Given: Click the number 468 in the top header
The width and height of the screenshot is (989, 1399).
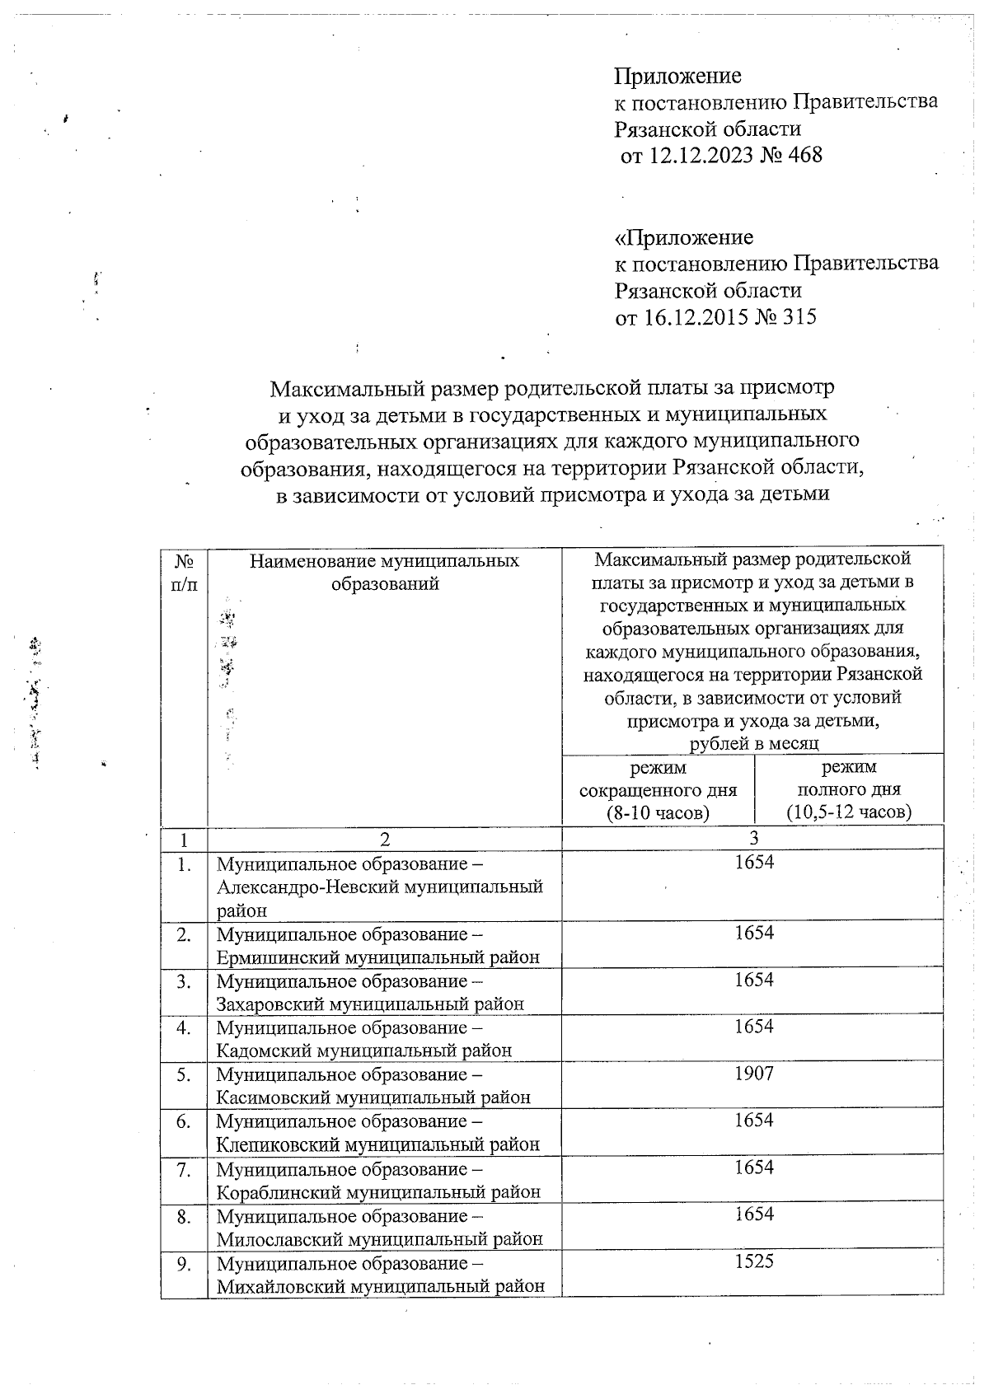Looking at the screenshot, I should [805, 155].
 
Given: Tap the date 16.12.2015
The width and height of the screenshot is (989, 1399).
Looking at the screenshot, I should [682, 317].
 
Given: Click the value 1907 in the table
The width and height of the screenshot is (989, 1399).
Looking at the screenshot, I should [754, 1074].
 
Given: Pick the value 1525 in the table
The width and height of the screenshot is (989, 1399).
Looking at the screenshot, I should [754, 1261].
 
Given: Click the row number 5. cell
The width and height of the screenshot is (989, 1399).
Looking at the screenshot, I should [184, 1074].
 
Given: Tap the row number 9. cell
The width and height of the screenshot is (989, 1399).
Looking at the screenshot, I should [184, 1262].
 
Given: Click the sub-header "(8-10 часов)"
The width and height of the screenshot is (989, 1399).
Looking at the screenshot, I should [658, 812].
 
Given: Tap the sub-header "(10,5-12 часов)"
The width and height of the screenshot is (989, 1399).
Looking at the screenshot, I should [849, 812].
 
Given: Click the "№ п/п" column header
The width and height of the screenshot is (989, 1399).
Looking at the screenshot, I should [185, 573].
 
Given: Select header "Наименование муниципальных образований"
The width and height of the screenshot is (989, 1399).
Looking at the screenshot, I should [385, 573].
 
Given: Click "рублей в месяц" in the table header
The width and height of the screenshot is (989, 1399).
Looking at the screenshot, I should [753, 743].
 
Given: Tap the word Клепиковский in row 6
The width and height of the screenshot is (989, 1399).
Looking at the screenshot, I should [278, 1144].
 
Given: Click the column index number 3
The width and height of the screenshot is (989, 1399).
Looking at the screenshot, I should [753, 839].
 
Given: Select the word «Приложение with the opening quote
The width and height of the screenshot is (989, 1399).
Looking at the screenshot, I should [684, 238].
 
